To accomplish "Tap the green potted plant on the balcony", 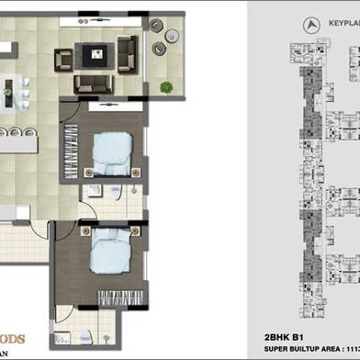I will [166, 87].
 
